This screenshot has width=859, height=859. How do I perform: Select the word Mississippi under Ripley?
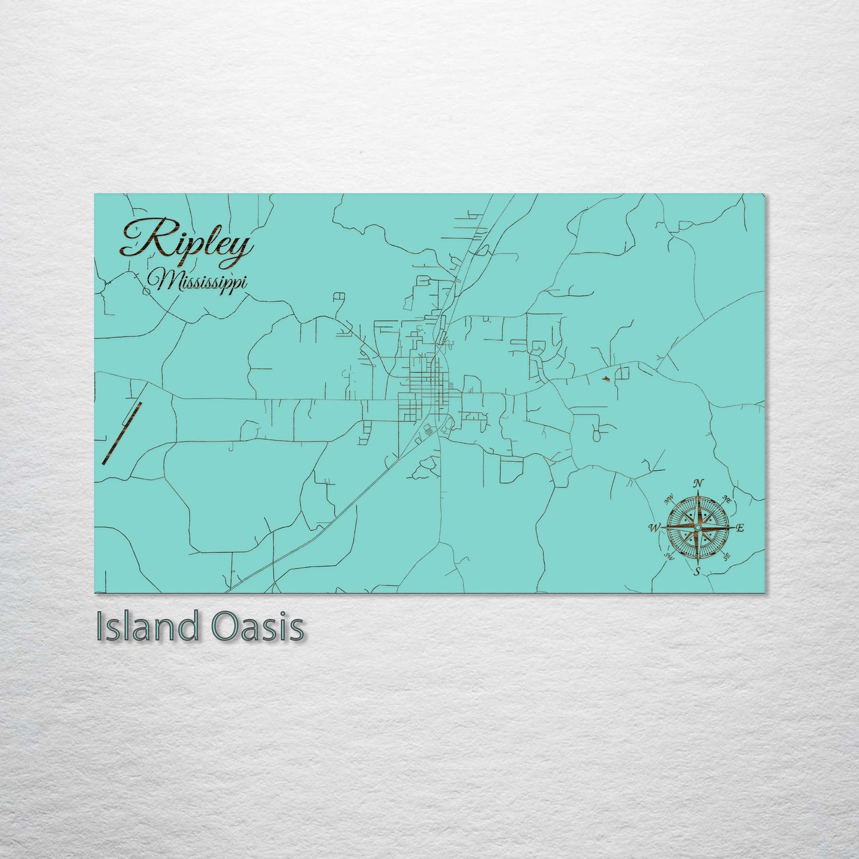tap(198, 280)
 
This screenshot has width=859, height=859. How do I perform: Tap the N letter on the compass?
tap(700, 483)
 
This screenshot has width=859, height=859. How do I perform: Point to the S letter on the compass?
tap(697, 572)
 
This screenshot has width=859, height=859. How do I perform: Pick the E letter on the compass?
tap(740, 528)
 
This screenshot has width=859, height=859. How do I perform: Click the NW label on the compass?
tap(669, 498)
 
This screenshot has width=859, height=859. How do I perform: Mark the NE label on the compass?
tap(726, 498)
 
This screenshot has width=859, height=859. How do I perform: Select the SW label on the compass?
tap(669, 556)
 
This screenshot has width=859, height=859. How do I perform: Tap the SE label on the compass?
tap(726, 556)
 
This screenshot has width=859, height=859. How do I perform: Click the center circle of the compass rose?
tap(697, 527)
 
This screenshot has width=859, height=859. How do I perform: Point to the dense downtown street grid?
tap(427, 380)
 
